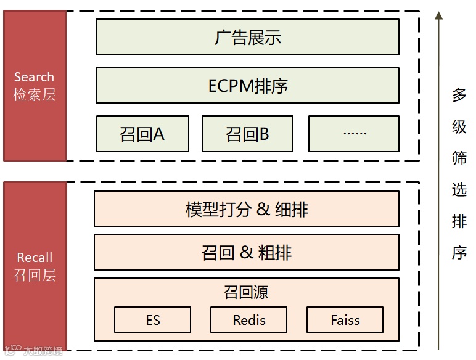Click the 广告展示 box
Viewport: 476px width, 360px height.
pyautogui.click(x=247, y=37)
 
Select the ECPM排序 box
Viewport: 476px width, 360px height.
pyautogui.click(x=247, y=86)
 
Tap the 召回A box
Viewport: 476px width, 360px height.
pyautogui.click(x=142, y=134)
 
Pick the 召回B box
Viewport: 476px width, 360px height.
pyautogui.click(x=248, y=134)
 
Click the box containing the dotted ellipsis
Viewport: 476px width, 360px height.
pyautogui.click(x=354, y=134)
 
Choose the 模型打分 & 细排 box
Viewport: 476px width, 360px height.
pyautogui.click(x=247, y=209)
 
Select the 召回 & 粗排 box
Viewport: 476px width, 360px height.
pyautogui.click(x=247, y=252)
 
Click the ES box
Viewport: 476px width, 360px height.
pyautogui.click(x=153, y=320)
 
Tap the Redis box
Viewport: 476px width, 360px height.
pyautogui.click(x=249, y=320)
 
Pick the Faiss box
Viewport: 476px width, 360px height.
pyautogui.click(x=345, y=320)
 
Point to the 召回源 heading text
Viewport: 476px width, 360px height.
pyautogui.click(x=247, y=292)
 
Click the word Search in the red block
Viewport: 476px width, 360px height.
pyautogui.click(x=34, y=77)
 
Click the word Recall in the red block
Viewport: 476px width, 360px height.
pyautogui.click(x=35, y=258)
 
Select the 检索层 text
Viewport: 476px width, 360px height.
pyautogui.click(x=35, y=95)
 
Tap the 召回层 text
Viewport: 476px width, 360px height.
pyautogui.click(x=35, y=275)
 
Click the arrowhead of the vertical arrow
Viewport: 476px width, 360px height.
pyautogui.click(x=438, y=16)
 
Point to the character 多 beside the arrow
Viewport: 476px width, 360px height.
pyautogui.click(x=459, y=95)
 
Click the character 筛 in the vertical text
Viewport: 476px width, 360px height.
pyautogui.click(x=459, y=158)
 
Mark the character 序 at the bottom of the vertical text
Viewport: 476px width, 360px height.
pyautogui.click(x=459, y=253)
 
